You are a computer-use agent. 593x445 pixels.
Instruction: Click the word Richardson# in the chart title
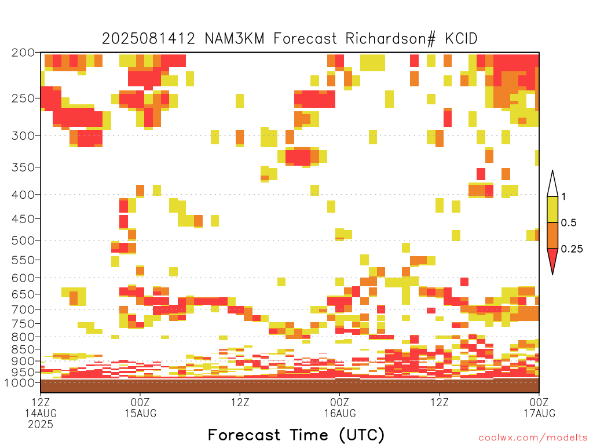390,39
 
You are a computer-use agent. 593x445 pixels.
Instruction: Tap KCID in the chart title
462,39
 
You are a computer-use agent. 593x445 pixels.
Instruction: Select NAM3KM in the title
235,39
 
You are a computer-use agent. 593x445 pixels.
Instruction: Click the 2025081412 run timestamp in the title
149,39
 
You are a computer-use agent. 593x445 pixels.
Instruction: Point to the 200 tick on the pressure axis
23,53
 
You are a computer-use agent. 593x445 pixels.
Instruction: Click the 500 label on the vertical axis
23,240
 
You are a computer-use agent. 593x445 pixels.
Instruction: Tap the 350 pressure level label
23,167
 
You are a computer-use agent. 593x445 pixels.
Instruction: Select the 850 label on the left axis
23,349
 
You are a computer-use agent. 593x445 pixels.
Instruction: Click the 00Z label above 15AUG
140,402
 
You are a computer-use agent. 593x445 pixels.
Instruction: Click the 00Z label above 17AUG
539,402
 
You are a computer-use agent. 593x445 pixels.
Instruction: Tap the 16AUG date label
339,413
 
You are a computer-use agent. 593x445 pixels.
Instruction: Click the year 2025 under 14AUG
41,425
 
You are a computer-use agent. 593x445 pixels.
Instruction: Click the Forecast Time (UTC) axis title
296,435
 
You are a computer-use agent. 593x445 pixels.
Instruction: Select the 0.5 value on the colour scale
569,222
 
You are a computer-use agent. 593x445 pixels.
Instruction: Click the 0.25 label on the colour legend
572,249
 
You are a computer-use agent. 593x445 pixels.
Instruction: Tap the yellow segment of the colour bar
552,209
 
